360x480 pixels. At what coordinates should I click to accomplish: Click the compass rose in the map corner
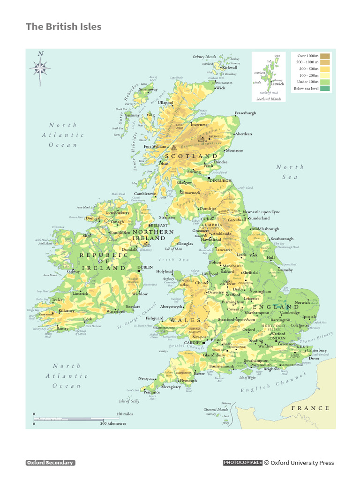coord(40,68)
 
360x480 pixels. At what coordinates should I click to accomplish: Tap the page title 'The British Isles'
coord(63,27)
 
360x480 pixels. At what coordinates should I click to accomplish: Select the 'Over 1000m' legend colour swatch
coord(325,56)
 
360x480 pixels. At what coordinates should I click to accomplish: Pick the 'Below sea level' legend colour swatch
coord(325,88)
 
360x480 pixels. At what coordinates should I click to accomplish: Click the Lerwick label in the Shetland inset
coord(277,84)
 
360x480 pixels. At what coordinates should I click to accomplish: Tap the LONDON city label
coord(276,338)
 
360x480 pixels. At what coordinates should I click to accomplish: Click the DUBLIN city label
coord(145,267)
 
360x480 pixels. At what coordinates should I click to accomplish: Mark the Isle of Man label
coord(173,249)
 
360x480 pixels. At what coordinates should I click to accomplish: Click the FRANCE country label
coord(310,408)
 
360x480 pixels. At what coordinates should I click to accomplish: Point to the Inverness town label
coord(199,125)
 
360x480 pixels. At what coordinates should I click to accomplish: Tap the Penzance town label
coord(152,392)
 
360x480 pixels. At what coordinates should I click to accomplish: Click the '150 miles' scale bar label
coord(125,414)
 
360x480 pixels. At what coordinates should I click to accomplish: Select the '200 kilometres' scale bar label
coord(113,423)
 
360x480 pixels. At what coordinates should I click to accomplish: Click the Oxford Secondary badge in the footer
coord(50,463)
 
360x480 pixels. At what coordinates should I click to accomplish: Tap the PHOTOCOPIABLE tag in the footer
coord(242,463)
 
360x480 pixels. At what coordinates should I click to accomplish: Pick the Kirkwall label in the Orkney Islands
coord(230,67)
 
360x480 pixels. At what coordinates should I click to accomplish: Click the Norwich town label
coord(302,303)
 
